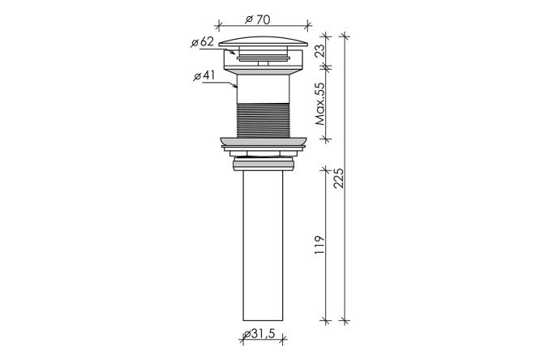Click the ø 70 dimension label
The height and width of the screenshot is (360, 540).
coord(258,19)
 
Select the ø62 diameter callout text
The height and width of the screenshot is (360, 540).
coord(203,42)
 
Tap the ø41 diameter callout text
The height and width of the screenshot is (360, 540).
coord(204,75)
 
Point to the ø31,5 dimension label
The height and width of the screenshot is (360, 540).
coord(259,333)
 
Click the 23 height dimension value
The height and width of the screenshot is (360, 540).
coord(320,51)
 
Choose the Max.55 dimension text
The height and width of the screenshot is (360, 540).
coord(320,104)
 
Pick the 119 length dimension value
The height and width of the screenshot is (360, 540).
coord(319,245)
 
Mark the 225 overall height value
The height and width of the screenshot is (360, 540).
coord(338,178)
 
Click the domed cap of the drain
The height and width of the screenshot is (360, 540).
coord(264,41)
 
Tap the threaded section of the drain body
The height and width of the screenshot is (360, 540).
coord(264,120)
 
